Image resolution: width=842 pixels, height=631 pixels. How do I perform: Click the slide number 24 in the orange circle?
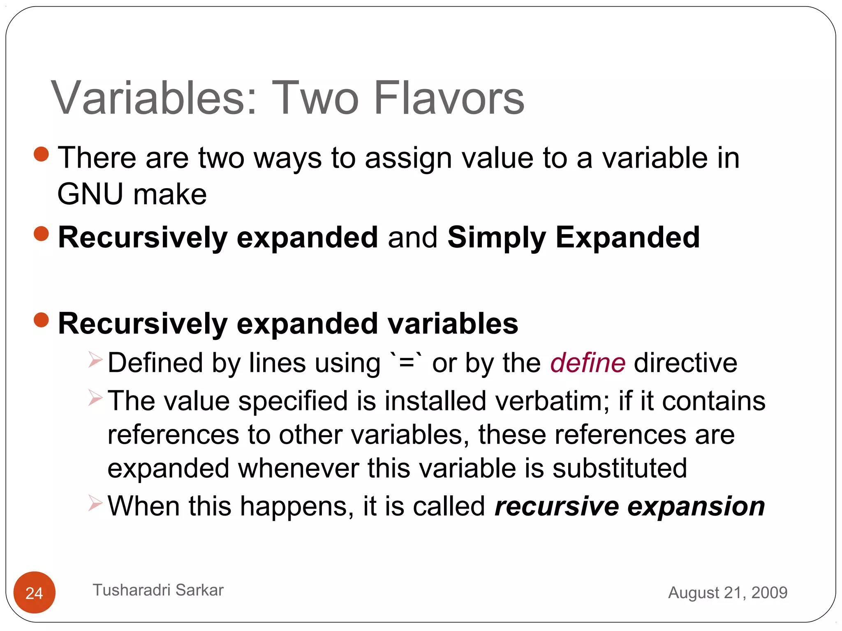(34, 593)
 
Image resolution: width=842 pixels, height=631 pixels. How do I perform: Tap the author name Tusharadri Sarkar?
(158, 590)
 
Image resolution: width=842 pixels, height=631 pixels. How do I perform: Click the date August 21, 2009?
(727, 592)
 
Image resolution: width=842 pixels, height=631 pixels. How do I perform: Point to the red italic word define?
(588, 363)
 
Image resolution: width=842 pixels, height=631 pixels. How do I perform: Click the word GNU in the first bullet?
(90, 194)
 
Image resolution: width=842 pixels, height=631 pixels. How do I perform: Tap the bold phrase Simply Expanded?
(573, 237)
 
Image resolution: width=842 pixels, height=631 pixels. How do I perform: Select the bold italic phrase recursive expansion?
(629, 506)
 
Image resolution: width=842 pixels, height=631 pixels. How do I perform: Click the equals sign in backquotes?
(406, 363)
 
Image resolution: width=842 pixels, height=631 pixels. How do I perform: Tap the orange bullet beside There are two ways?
(42, 154)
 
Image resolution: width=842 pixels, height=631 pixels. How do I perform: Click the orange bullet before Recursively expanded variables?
(42, 320)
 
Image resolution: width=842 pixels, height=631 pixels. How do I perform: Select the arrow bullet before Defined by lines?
(95, 360)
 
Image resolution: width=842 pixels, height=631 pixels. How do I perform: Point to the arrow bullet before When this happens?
(95, 503)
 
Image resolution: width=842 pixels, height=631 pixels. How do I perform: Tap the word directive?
(685, 363)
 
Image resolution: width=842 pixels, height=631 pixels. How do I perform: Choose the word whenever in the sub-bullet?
(298, 468)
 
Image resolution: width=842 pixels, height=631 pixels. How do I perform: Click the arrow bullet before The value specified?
(95, 398)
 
